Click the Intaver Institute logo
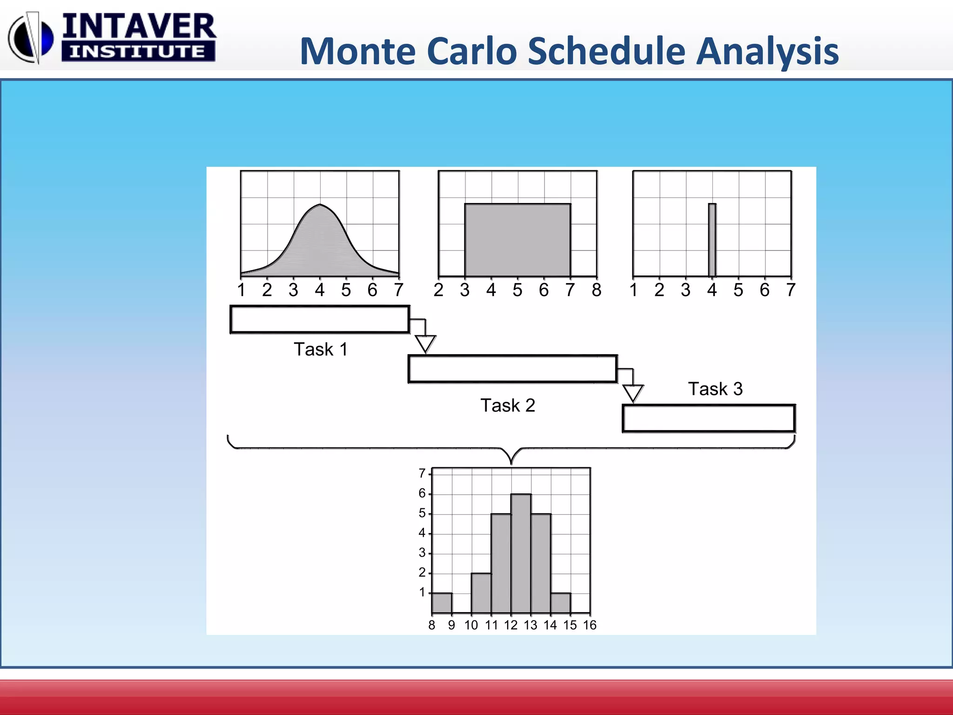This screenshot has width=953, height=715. point(112,37)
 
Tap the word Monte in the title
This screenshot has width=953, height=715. point(358,51)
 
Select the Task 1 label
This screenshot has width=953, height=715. point(321,349)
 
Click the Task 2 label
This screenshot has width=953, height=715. point(508,405)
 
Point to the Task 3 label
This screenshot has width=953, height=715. point(715,389)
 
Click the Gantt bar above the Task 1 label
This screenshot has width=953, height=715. point(320,319)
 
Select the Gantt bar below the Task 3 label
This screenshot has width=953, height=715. point(709,418)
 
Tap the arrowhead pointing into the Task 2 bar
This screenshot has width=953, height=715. point(425,344)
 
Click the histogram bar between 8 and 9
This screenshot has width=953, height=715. point(442,603)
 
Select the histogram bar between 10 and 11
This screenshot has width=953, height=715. point(481,593)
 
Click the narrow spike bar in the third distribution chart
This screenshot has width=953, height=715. point(712,240)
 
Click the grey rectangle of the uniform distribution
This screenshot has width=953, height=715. point(517,240)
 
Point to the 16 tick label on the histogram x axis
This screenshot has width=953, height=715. point(590,625)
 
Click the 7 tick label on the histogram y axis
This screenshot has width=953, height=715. point(422,473)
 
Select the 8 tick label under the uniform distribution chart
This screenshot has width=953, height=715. point(597,290)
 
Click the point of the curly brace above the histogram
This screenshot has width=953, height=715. point(511,463)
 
